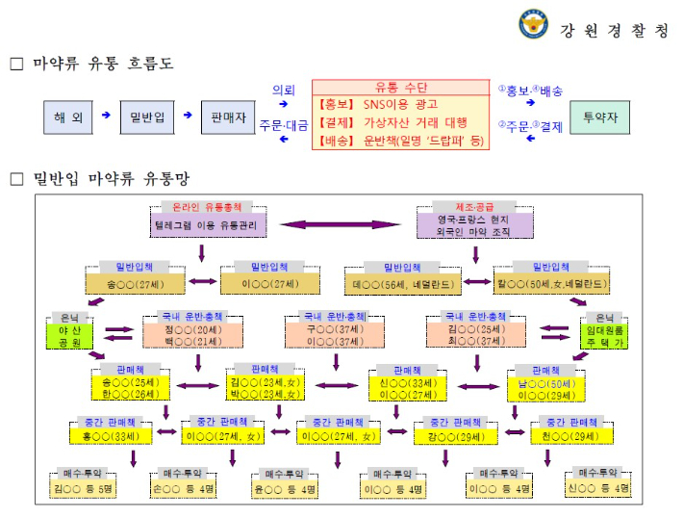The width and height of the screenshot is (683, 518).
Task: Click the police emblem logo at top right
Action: tap(532, 24)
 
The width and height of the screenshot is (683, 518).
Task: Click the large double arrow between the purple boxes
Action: tap(340, 223)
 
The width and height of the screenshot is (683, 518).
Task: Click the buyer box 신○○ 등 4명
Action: tap(602, 489)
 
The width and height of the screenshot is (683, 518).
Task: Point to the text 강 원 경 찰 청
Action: tap(613, 30)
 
